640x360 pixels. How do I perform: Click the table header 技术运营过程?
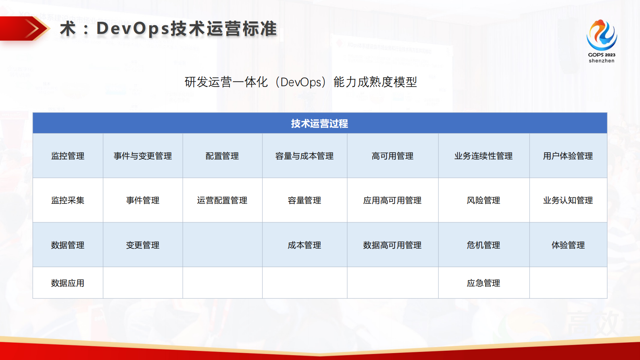coord(319,123)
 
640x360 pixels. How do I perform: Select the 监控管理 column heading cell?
coord(68,156)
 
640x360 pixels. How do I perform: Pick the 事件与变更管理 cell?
coord(143,156)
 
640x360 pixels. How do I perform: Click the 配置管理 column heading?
coord(222,156)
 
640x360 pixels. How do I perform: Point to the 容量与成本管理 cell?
coord(304,156)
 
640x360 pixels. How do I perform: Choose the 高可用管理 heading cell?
coord(392,156)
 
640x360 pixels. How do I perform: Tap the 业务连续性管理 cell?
coord(484,156)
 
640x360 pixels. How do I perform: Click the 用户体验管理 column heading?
coord(568,156)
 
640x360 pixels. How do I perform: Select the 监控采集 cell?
coord(68,201)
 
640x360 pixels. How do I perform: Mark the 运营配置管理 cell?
coord(222,201)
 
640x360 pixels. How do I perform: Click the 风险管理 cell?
coord(484,201)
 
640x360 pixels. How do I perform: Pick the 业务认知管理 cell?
coord(568,201)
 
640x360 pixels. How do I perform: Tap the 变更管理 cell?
coord(143,245)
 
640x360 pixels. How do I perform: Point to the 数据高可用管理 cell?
coord(392,245)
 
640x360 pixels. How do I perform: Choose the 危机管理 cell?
coord(484,245)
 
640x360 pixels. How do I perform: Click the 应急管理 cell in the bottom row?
coord(484,283)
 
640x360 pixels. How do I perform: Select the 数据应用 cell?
coord(68,283)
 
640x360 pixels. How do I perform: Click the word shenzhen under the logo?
coord(601,61)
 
